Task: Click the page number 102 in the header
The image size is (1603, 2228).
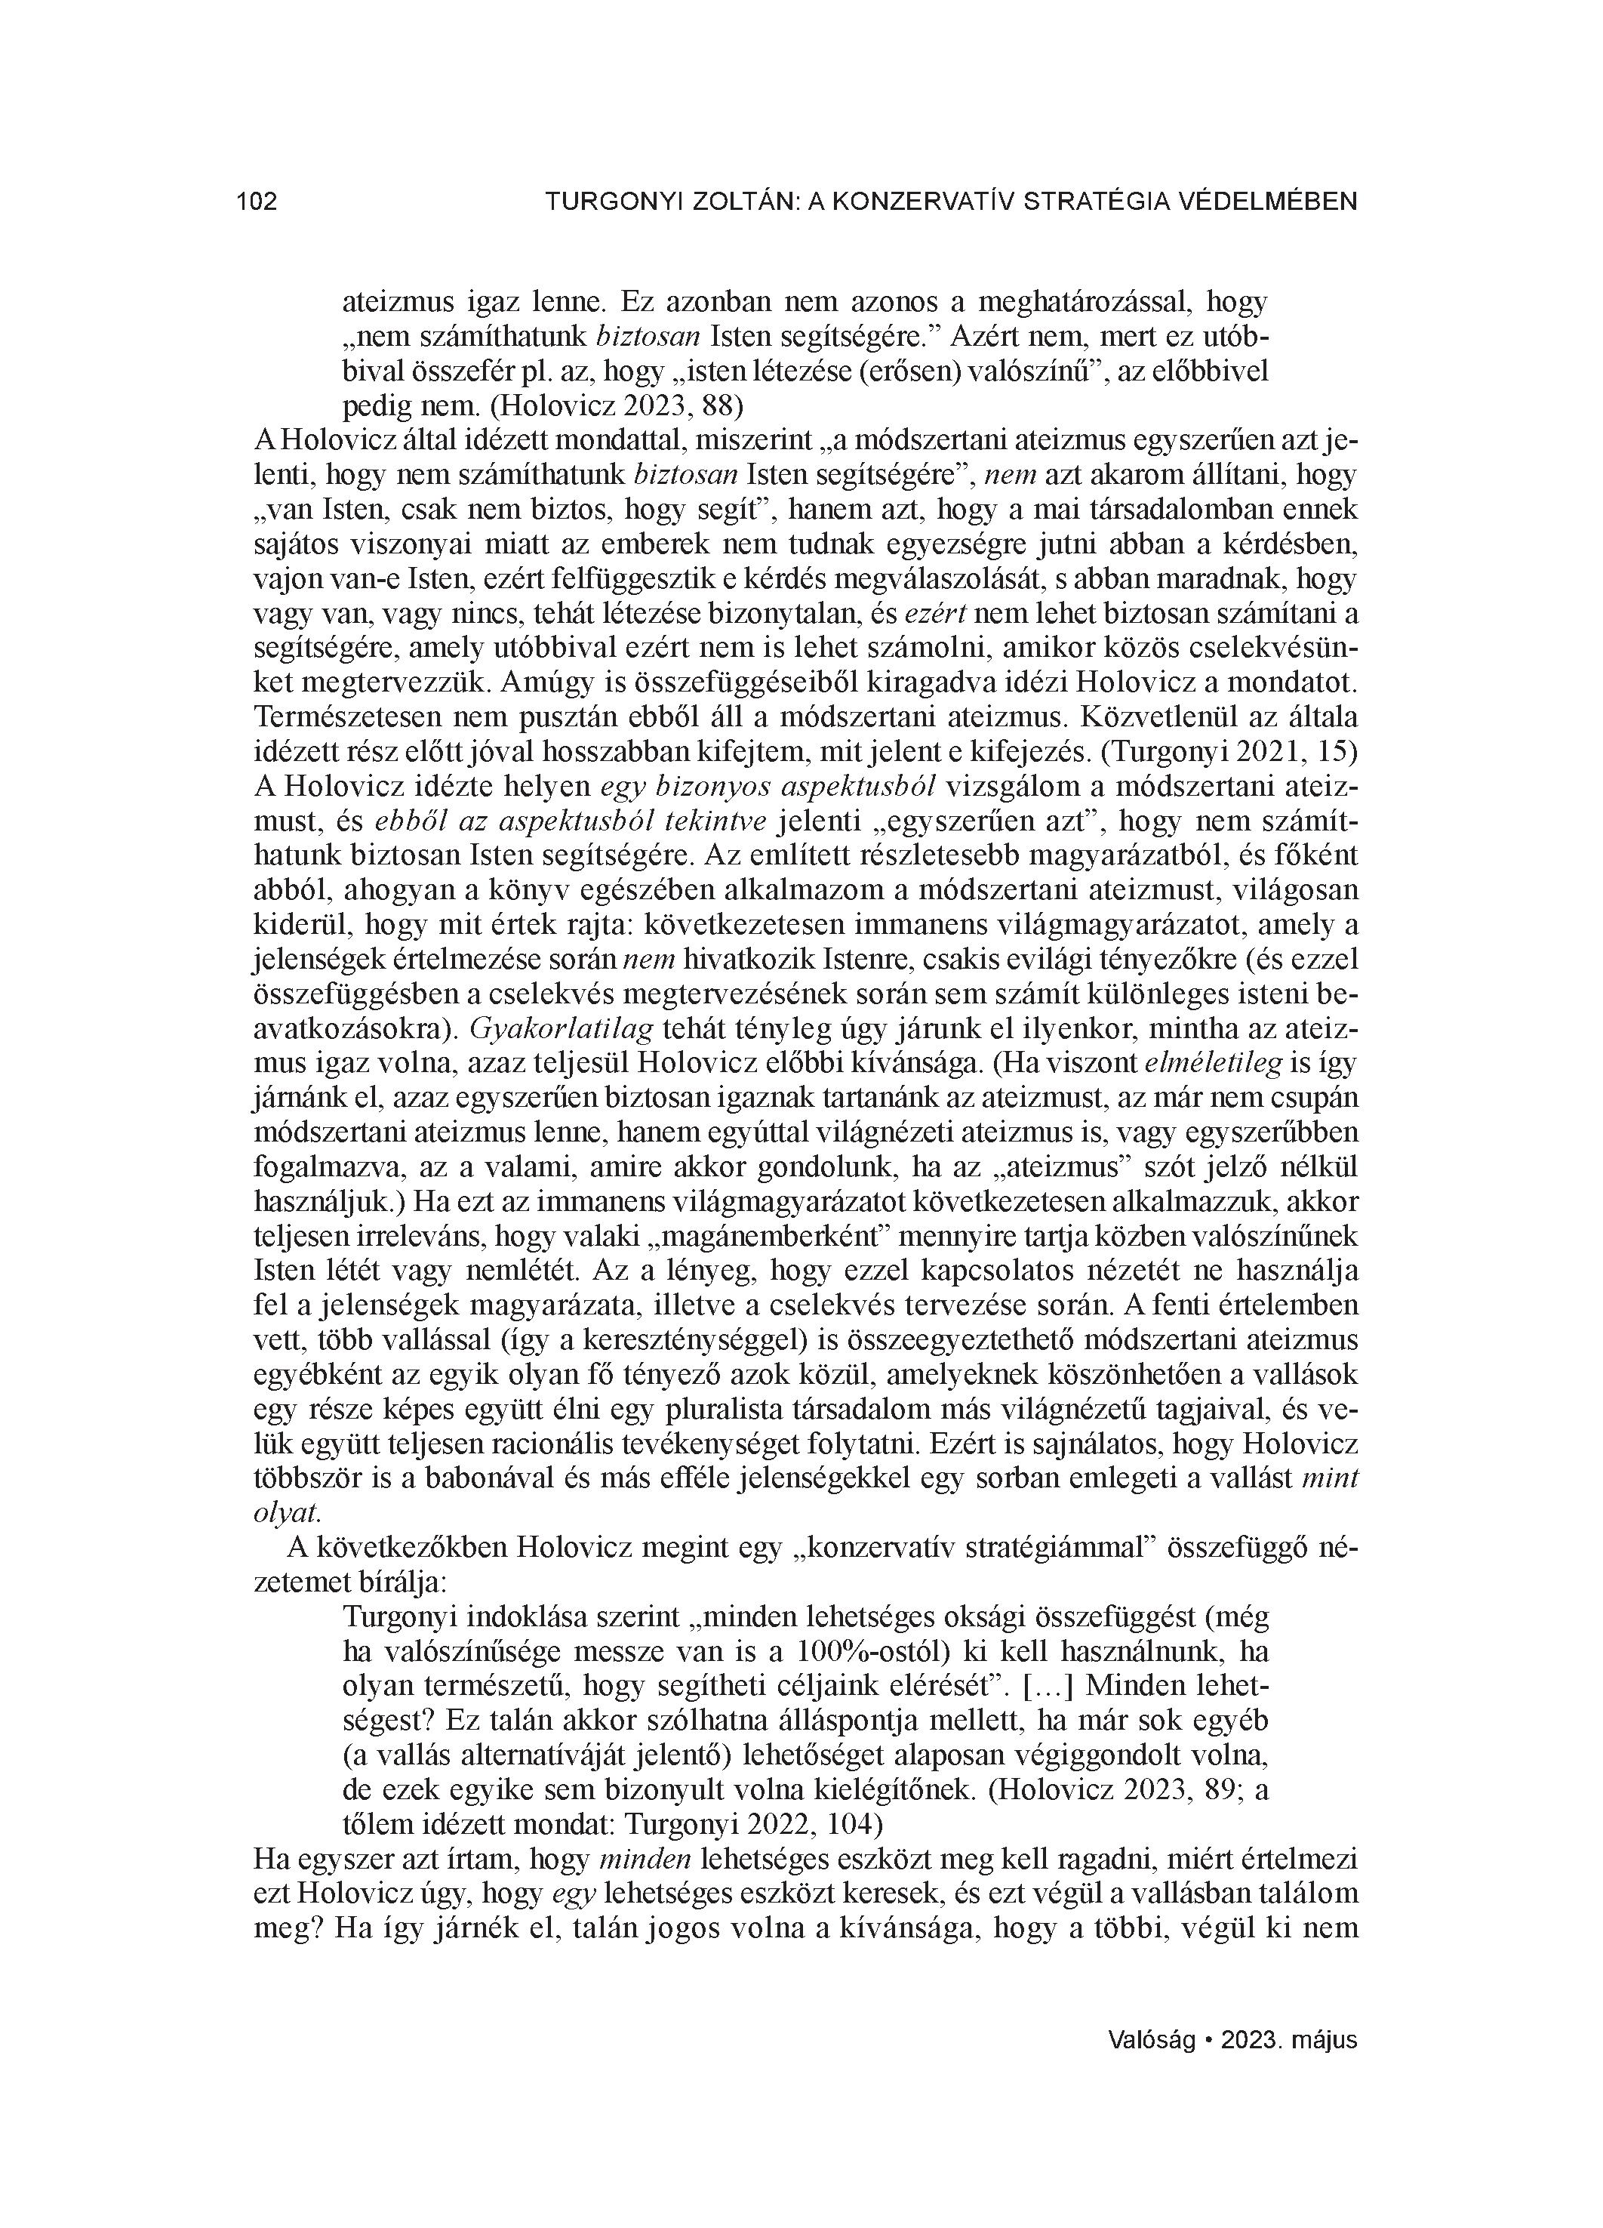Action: pyautogui.click(x=257, y=202)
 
